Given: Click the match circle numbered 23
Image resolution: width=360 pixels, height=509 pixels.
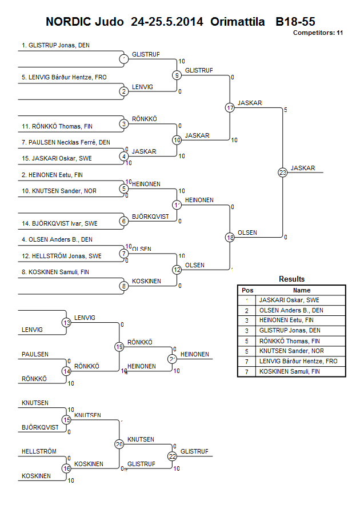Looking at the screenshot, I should (282, 173).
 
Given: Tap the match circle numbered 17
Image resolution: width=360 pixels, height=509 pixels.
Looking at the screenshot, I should (230, 107).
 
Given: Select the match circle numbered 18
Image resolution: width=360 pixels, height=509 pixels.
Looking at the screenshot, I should (230, 237).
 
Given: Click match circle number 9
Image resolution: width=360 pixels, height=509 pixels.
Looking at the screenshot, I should (177, 75).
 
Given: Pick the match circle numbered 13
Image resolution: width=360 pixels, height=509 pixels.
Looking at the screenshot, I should (67, 323).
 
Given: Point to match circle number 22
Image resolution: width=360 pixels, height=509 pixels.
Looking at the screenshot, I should (172, 456).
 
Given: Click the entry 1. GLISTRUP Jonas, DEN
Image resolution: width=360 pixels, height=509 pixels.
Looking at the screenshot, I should (55, 45).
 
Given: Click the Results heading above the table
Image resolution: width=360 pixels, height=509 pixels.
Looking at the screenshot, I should (291, 279).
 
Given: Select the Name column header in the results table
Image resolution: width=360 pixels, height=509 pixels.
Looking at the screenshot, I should (301, 290).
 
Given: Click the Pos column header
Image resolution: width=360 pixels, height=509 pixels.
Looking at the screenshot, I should (247, 290).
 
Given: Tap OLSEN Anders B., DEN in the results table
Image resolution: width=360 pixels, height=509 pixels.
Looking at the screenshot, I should (291, 310).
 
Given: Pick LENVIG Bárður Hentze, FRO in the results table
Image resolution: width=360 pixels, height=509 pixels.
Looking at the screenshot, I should (298, 362).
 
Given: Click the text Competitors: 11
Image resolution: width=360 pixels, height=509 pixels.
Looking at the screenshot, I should (318, 33).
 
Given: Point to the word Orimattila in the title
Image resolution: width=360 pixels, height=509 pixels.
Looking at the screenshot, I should (237, 22).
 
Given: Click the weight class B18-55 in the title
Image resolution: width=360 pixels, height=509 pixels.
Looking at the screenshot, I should (295, 22).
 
